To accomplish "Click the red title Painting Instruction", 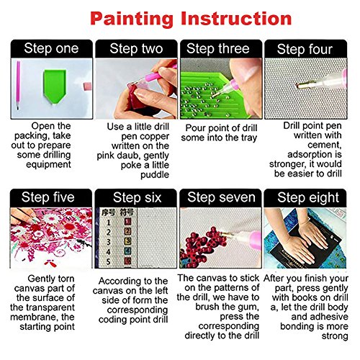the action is [x=191, y=19].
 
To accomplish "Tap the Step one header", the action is [x=51, y=48].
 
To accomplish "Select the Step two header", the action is [x=136, y=49].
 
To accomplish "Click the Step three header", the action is [x=218, y=49].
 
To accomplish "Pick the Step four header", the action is [x=305, y=49].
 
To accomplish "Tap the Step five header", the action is [x=48, y=197].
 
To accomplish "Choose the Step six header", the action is [x=137, y=197].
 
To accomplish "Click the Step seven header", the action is [x=221, y=197].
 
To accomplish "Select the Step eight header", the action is [x=308, y=197].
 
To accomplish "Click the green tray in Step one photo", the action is [x=55, y=86].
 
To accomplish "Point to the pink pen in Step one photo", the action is [x=18, y=85].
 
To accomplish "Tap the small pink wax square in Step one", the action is [x=88, y=86].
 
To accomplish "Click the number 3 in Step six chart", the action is [x=109, y=242].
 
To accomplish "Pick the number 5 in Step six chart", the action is [x=109, y=261].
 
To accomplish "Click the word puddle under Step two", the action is [x=155, y=175].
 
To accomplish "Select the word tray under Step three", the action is [x=248, y=138].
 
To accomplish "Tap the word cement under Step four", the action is [x=325, y=145].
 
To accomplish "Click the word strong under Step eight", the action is [x=335, y=336].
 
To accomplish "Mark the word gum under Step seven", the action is [x=248, y=307].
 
